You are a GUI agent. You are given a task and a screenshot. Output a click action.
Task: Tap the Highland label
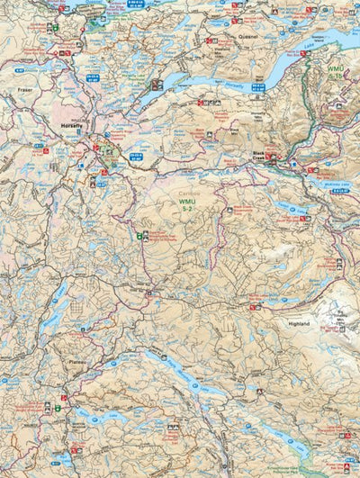click(299, 323)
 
